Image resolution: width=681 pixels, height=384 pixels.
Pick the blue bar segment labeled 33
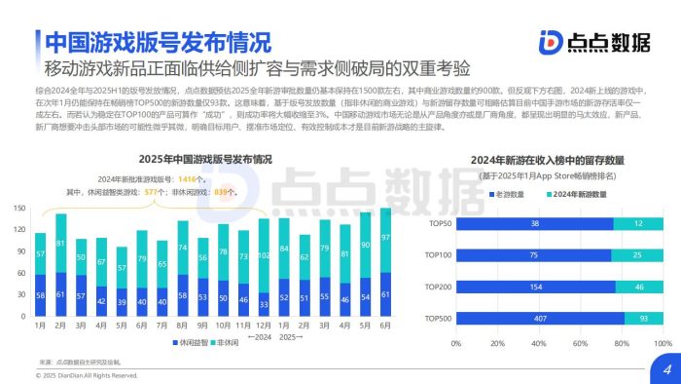[x=264, y=303]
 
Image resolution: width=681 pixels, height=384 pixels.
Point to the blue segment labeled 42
[x=101, y=301]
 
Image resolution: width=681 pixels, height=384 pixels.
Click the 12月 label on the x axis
[x=264, y=325]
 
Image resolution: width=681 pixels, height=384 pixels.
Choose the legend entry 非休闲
[x=223, y=343]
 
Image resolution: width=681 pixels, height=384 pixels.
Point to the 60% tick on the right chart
[x=581, y=343]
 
